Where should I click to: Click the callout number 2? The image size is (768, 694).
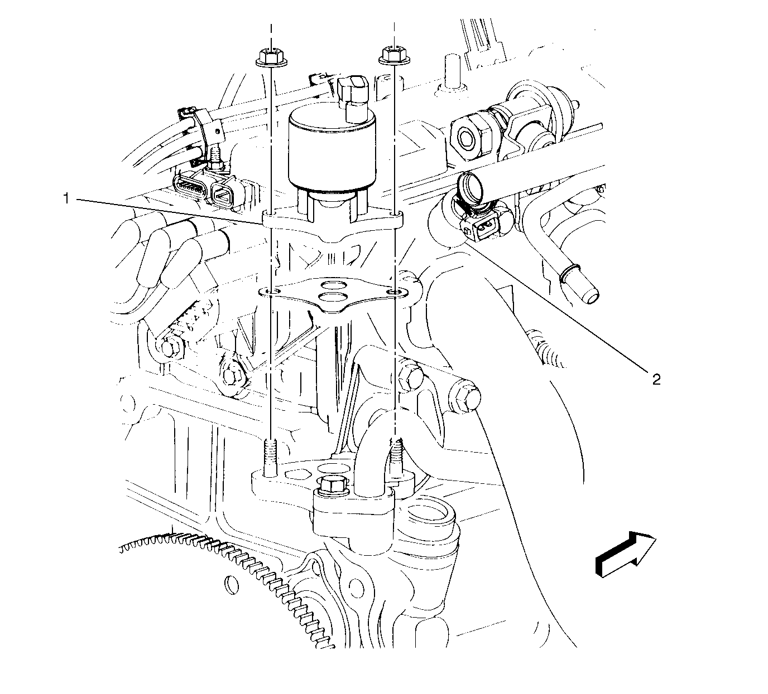point(656,380)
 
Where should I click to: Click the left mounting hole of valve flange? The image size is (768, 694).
point(271,213)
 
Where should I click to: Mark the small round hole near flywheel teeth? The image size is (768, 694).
point(233,585)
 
